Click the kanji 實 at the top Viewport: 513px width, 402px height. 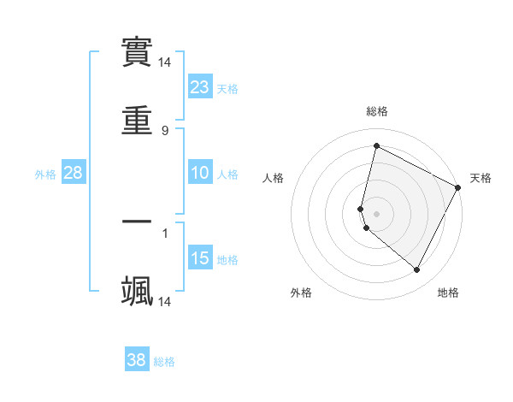click(x=137, y=52)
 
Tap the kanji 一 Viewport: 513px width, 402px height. click(x=137, y=222)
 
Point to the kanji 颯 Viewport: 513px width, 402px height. click(x=137, y=291)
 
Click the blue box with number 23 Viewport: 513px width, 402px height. click(x=200, y=86)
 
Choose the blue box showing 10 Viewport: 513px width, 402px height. click(x=200, y=173)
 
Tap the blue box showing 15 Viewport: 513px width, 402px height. click(x=200, y=258)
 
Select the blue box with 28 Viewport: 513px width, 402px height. click(x=74, y=173)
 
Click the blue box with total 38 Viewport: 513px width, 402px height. click(x=137, y=360)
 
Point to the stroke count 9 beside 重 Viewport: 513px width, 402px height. click(x=165, y=130)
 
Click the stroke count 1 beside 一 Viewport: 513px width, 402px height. click(x=165, y=232)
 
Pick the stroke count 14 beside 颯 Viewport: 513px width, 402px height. click(x=165, y=301)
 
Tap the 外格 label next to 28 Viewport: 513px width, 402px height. click(x=45, y=174)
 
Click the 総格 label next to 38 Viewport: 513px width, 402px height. click(x=164, y=362)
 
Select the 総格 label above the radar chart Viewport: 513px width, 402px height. click(x=376, y=111)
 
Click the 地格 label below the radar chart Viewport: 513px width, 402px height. click(x=448, y=293)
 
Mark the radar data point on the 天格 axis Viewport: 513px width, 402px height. click(x=458, y=188)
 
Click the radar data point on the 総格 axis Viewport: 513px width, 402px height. click(x=376, y=146)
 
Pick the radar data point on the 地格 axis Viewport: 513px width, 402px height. click(x=417, y=270)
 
